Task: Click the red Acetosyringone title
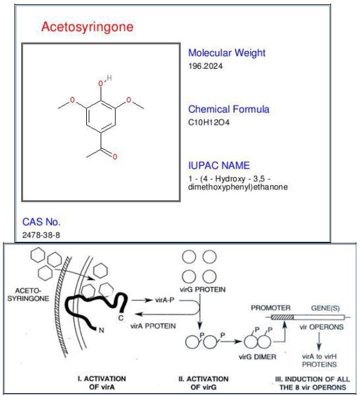point(87,27)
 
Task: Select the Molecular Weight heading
point(227,53)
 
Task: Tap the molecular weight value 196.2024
point(206,66)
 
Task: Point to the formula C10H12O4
point(209,122)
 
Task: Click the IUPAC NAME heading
point(219,165)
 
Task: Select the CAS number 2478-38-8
point(41,235)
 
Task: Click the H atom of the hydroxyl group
point(109,78)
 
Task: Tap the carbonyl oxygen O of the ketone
point(115,157)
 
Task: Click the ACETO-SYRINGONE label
point(28,295)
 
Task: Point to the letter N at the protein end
point(101,330)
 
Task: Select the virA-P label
point(165,300)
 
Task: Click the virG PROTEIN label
point(203,289)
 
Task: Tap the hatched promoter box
point(282,317)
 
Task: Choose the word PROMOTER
point(271,308)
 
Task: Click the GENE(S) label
point(325,308)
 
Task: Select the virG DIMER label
point(257,357)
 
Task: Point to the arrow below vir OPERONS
point(319,341)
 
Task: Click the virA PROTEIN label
point(153,326)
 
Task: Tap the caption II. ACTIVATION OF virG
point(203,383)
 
